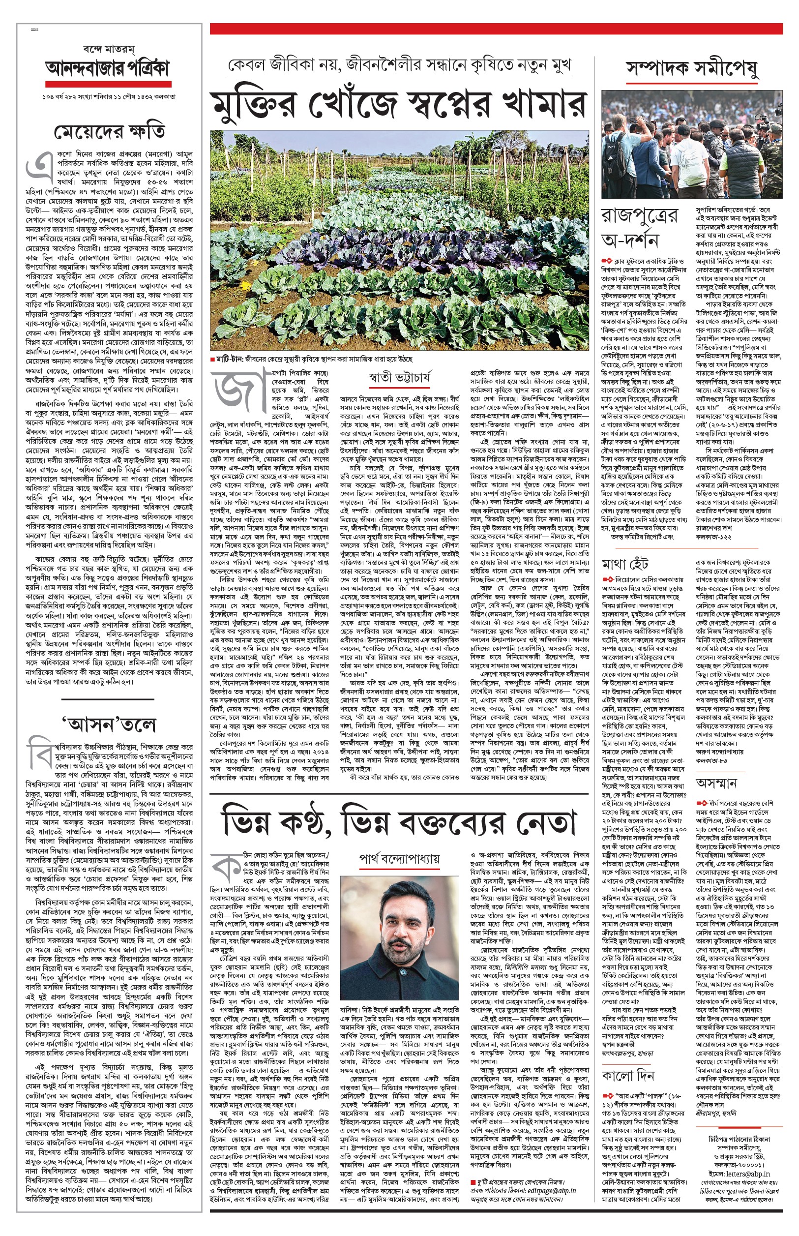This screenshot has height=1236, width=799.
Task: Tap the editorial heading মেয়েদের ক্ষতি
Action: click(110, 132)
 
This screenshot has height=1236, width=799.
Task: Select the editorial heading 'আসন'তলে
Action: click(109, 724)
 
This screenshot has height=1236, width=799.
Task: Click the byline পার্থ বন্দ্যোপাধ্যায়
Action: click(399, 859)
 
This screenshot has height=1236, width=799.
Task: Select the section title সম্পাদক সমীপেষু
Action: click(692, 68)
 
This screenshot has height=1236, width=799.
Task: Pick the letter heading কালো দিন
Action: click(628, 1076)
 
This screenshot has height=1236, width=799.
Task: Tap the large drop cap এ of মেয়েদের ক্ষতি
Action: click(38, 165)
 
